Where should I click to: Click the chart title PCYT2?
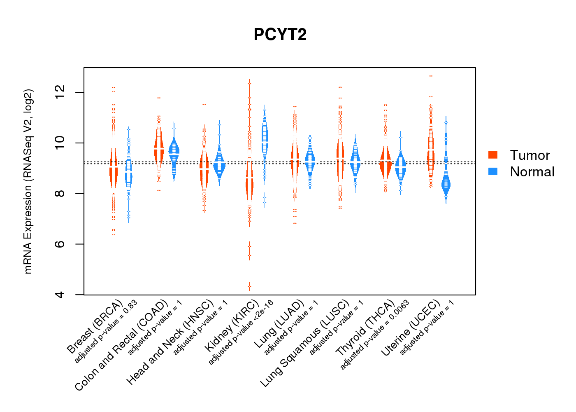point(280,35)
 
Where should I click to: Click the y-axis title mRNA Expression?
point(28,181)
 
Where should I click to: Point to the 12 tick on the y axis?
point(60,92)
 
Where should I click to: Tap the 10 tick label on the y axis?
point(60,143)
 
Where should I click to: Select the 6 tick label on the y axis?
point(60,244)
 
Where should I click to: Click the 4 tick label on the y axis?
point(60,295)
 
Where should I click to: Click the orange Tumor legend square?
point(493,155)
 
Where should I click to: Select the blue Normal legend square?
point(493,171)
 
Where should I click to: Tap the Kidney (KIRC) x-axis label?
point(232,326)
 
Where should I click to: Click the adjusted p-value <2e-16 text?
point(241,332)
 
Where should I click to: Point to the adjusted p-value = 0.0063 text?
point(374,335)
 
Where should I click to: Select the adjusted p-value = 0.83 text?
point(106,332)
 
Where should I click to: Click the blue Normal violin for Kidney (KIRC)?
point(265,136)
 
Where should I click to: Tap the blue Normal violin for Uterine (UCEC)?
point(446,184)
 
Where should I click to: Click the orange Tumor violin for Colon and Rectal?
point(159,148)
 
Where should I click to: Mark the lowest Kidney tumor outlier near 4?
point(249,286)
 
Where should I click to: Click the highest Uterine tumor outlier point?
point(431,76)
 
